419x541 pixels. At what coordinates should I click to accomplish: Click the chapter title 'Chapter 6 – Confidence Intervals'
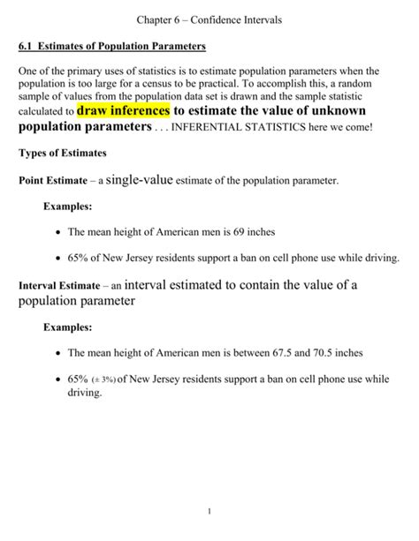(x=209, y=19)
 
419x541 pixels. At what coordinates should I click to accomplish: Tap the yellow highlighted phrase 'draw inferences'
(x=122, y=111)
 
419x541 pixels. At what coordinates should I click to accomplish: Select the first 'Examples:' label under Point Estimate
(x=67, y=206)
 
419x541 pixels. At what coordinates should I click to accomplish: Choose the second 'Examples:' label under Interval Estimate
(x=67, y=327)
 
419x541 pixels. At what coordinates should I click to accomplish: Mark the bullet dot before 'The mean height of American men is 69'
(x=57, y=232)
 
